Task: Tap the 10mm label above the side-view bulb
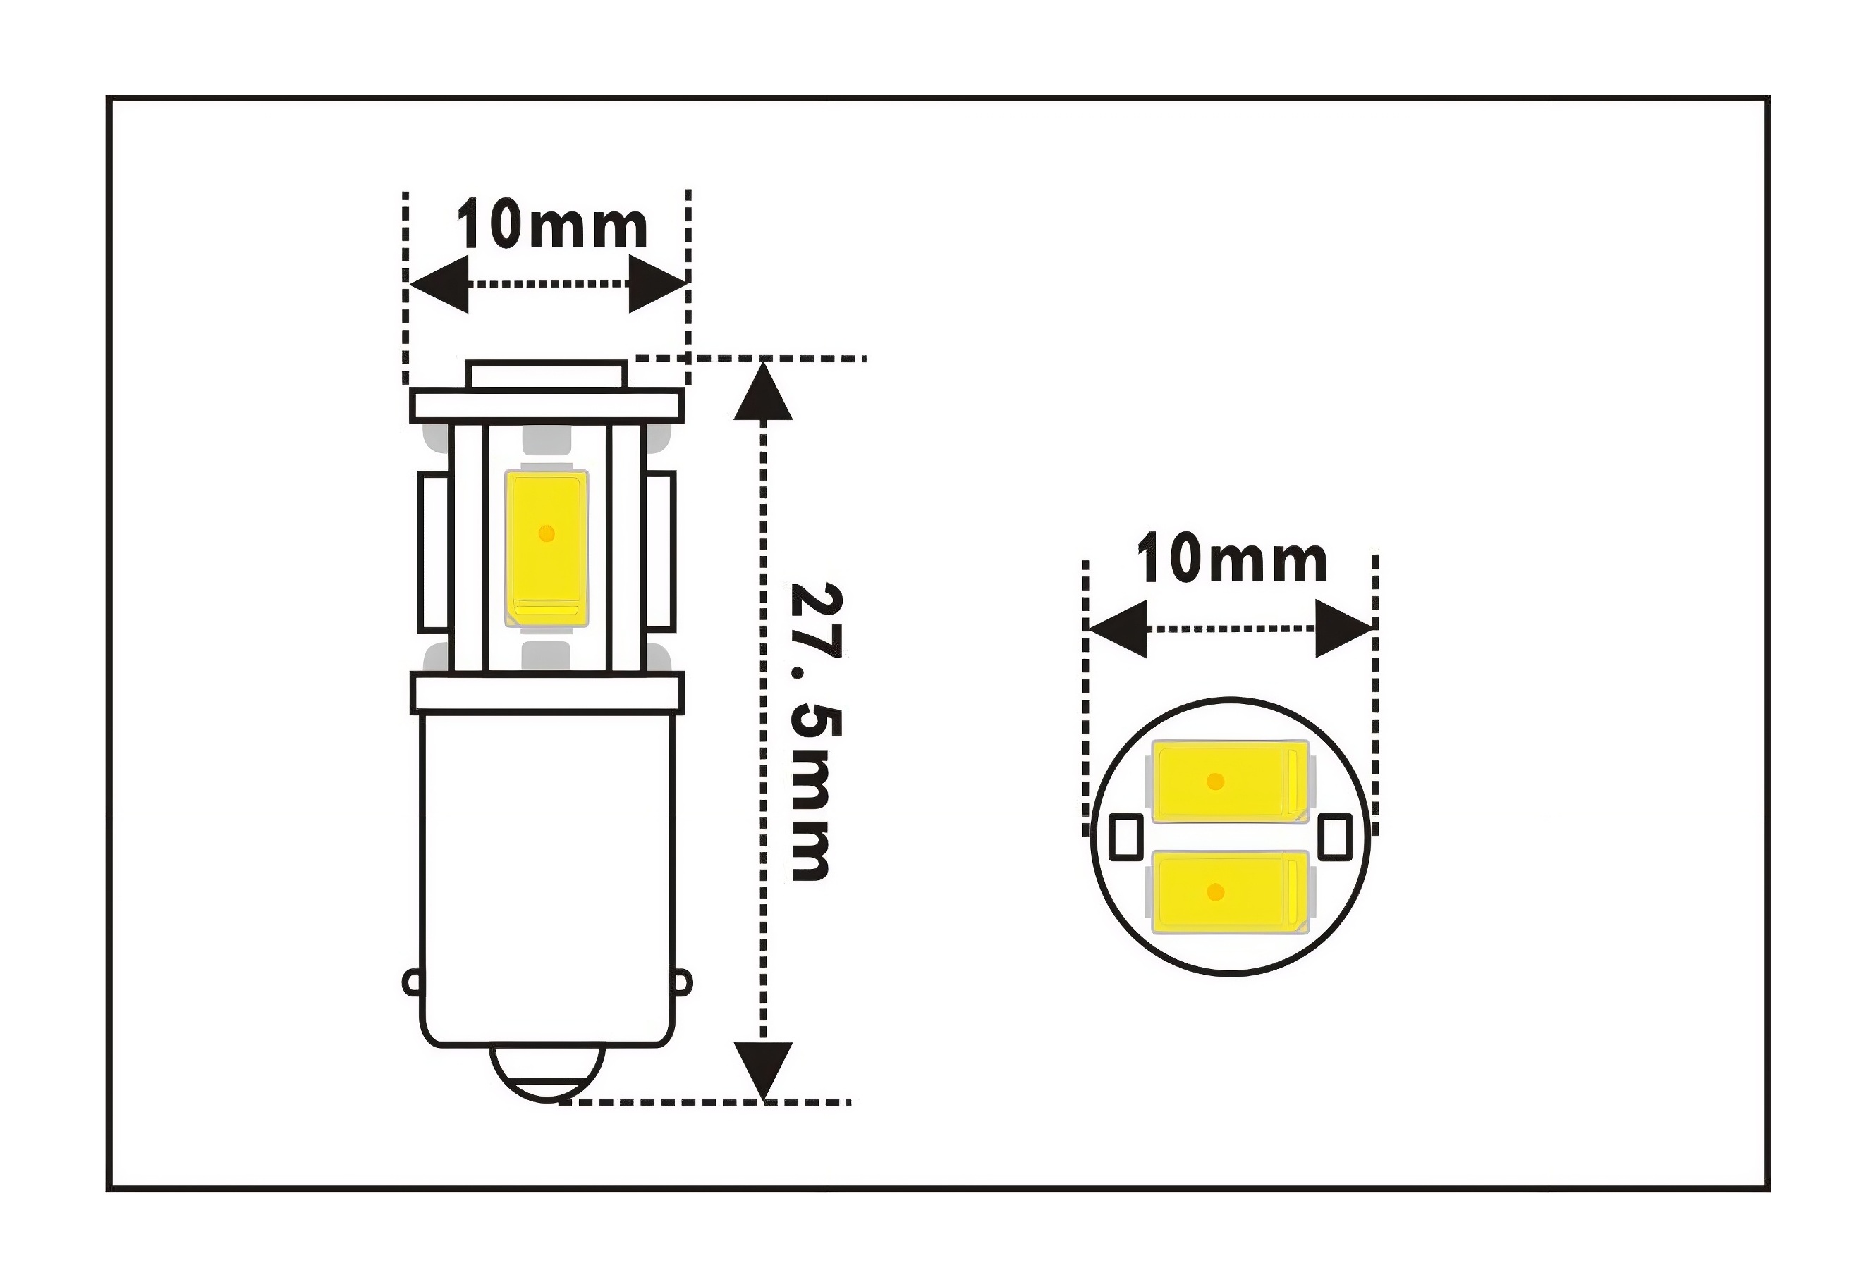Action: click(552, 226)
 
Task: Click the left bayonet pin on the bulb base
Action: click(411, 982)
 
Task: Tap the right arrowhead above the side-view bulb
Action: click(657, 284)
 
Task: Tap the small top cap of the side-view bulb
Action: click(547, 374)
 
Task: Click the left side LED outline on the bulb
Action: click(434, 552)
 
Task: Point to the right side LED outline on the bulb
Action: click(660, 552)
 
